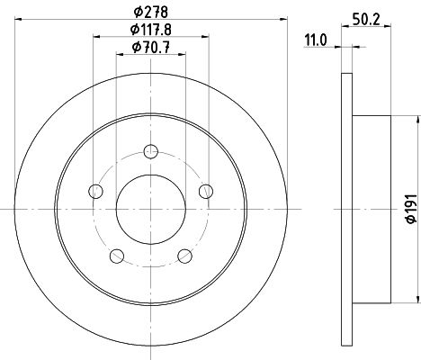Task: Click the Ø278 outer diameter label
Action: click(151, 12)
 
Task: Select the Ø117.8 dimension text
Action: click(151, 30)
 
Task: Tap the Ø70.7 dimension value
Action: click(151, 47)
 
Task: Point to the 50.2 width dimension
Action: click(366, 20)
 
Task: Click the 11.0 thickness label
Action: click(316, 40)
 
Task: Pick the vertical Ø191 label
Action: click(411, 209)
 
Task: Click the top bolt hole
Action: click(151, 151)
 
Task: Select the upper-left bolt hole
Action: click(96, 191)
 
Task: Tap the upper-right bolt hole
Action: click(206, 191)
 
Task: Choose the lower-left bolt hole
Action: click(117, 256)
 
